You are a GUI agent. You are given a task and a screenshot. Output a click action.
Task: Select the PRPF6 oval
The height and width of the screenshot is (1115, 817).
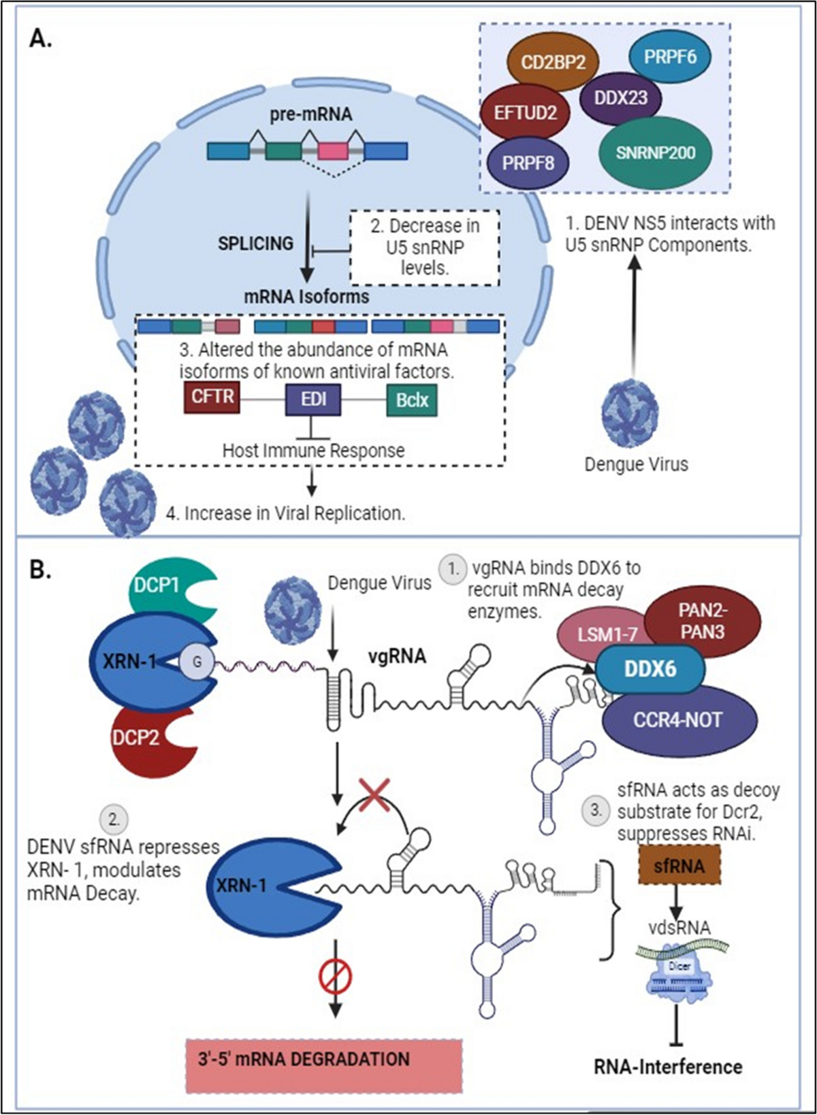[670, 56]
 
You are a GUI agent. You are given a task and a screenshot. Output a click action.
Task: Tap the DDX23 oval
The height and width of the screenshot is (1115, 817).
[620, 98]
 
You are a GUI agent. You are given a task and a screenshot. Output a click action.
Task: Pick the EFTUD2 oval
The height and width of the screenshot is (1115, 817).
[525, 112]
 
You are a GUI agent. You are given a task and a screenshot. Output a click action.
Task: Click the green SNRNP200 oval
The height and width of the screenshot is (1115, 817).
[655, 152]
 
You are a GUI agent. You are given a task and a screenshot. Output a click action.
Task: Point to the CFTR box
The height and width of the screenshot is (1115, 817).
[212, 396]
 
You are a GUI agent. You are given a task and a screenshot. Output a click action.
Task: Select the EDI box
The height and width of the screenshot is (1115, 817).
[313, 398]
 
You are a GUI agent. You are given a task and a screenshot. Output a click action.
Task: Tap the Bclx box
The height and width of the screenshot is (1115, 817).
[412, 399]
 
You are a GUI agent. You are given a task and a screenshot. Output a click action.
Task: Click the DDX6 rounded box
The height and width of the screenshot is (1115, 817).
[650, 669]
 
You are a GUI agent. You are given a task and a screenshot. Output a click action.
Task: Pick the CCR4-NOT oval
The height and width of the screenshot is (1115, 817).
[678, 720]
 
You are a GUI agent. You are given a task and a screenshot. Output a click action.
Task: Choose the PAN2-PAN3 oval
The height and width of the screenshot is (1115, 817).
[703, 621]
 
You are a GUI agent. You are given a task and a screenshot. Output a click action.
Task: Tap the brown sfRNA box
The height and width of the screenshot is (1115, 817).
[679, 866]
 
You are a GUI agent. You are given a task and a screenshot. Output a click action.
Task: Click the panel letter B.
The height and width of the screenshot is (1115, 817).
[41, 569]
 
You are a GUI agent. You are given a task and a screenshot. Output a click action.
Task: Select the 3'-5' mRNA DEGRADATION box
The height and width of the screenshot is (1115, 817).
[324, 1059]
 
